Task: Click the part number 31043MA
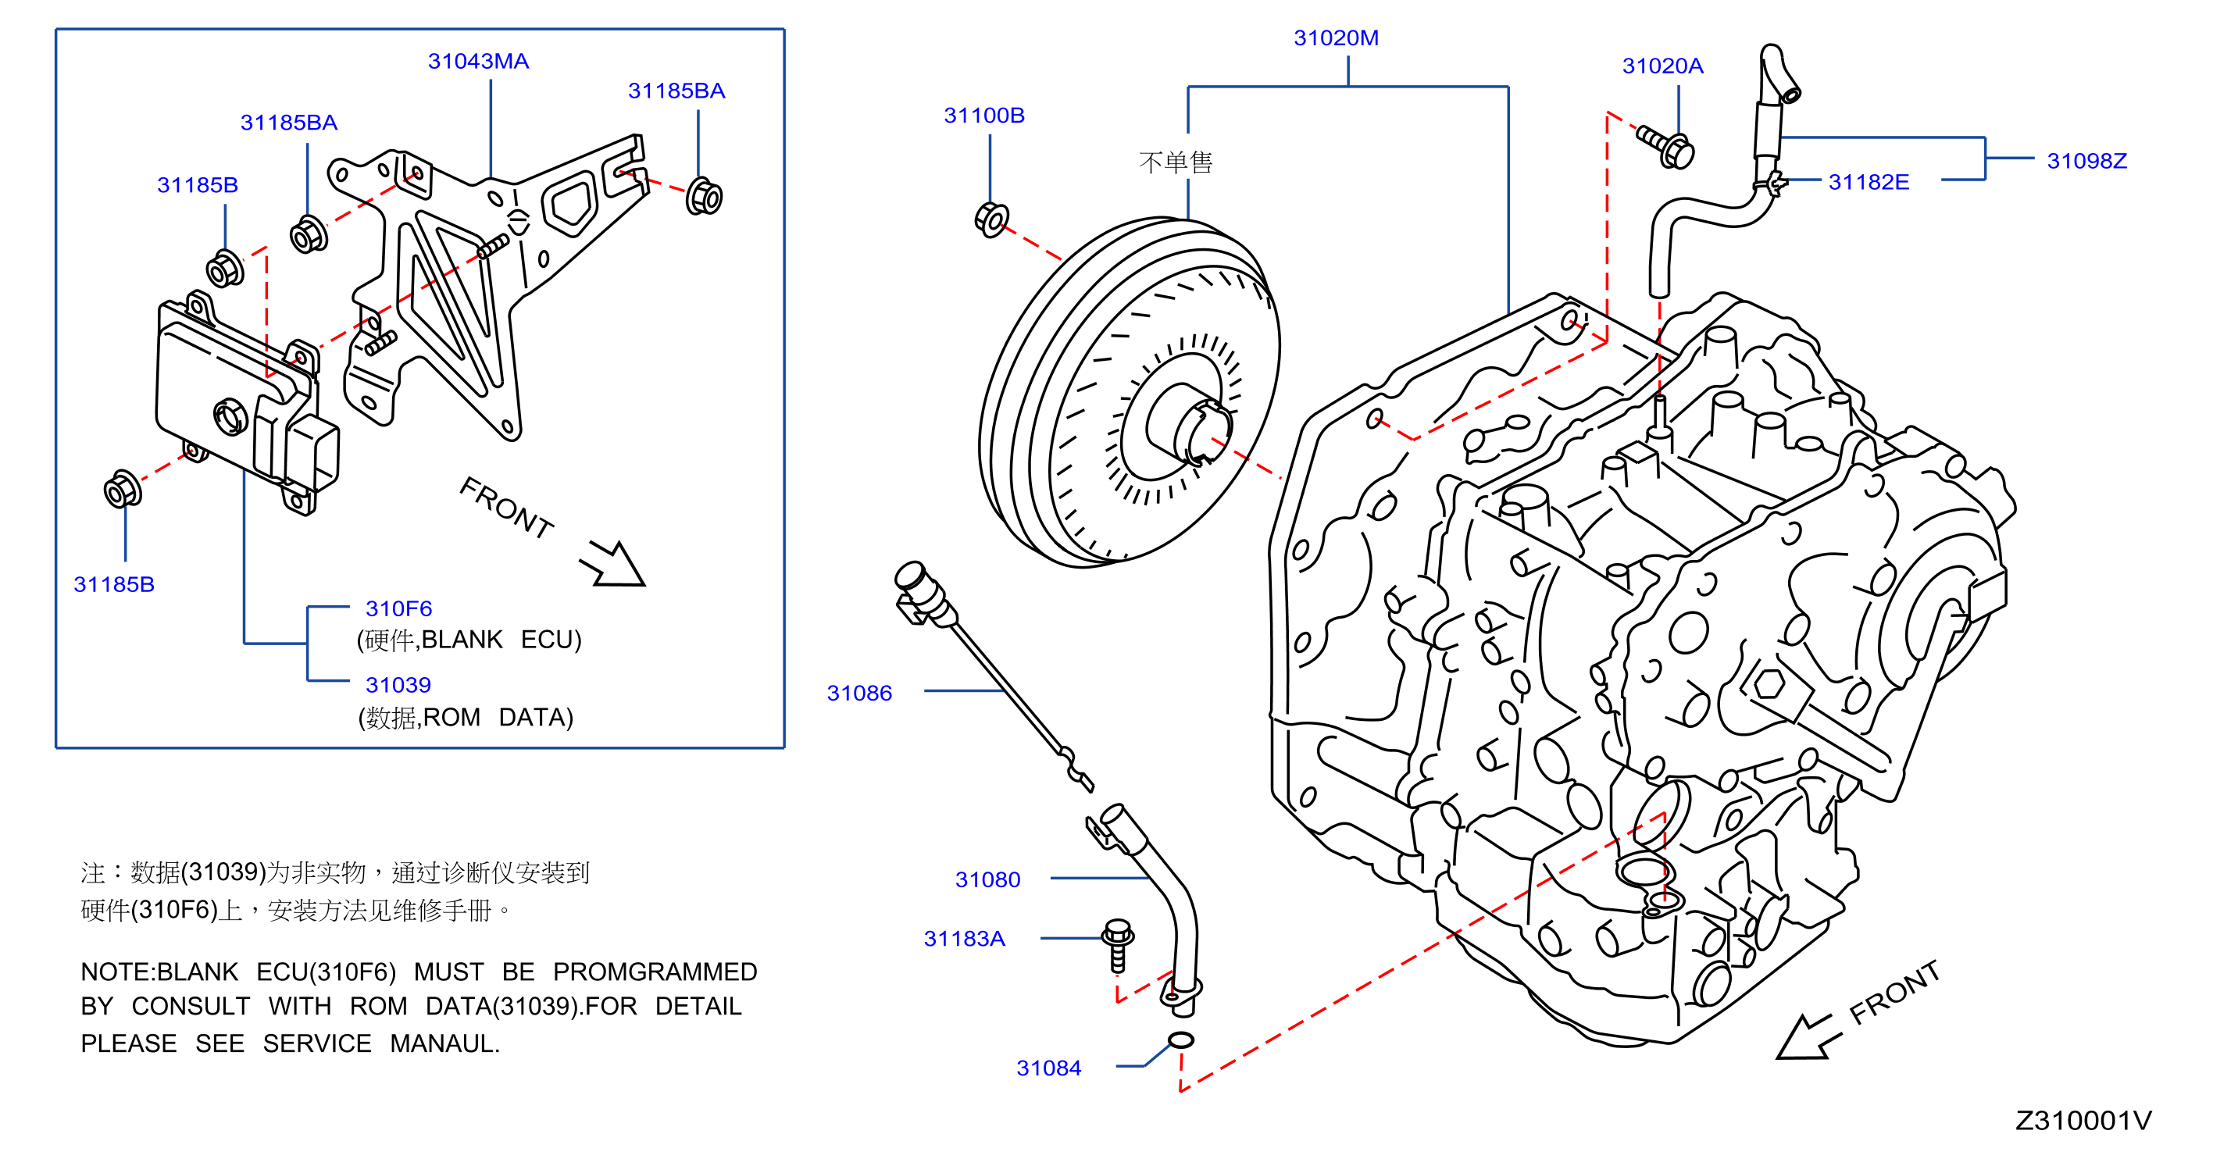coord(478,62)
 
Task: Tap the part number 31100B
coord(983,116)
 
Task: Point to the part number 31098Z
coord(2086,161)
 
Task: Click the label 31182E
coord(1868,183)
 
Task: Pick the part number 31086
coord(858,694)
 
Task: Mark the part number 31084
coord(1048,1068)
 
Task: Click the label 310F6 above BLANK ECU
coord(398,609)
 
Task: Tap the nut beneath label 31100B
coord(991,219)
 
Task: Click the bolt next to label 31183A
coord(1117,945)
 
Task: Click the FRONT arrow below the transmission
coord(1804,1036)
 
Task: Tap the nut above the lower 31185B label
coord(122,489)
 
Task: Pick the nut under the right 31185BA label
coord(704,196)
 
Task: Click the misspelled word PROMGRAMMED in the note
coord(655,972)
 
